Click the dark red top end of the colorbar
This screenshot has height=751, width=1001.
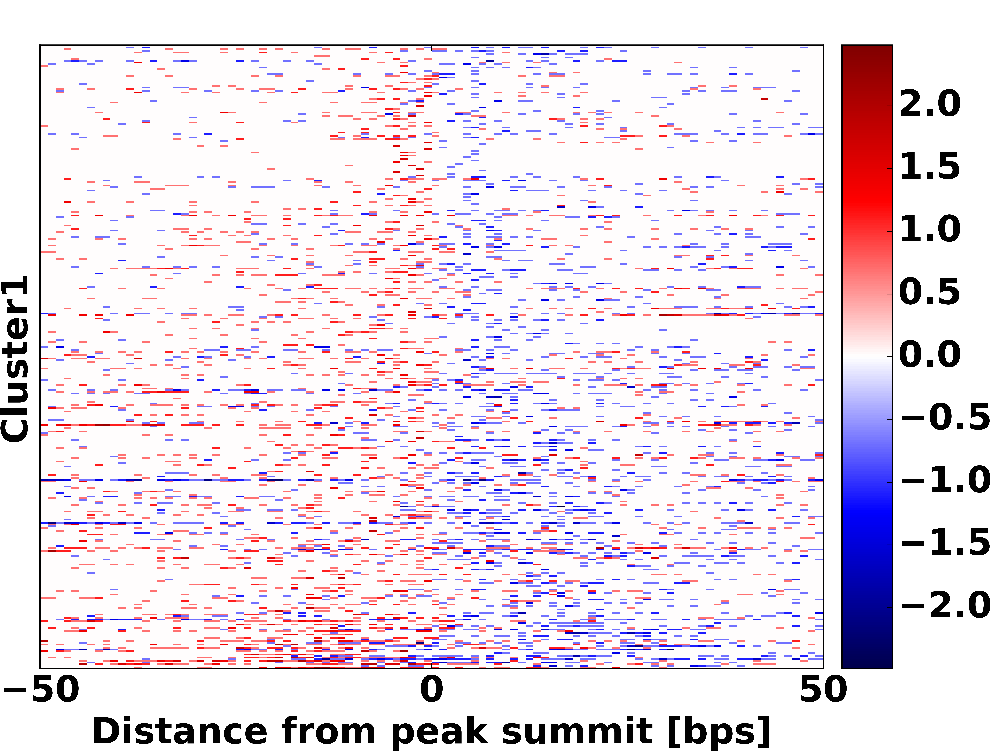867,50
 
